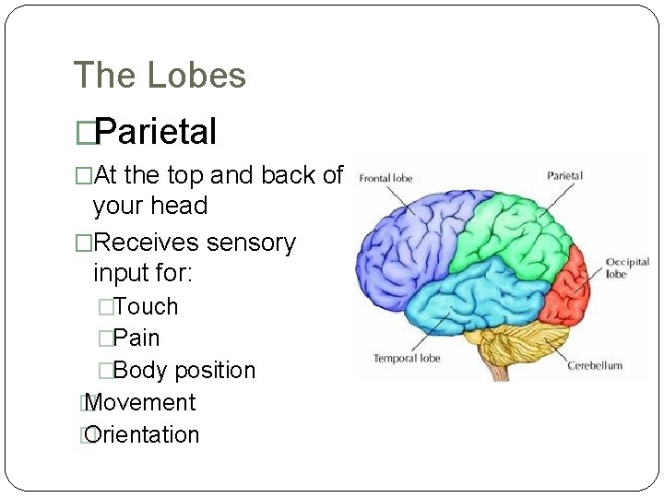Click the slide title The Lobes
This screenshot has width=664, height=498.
[x=160, y=75]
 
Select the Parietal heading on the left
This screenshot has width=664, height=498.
[x=155, y=132]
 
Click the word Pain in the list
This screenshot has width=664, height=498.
[x=136, y=338]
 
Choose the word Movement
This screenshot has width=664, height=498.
[x=140, y=403]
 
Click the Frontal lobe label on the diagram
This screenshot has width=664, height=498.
[x=385, y=177]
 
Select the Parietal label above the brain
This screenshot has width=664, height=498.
[x=564, y=175]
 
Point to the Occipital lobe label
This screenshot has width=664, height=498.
[x=627, y=268]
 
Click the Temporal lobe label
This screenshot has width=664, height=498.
[x=407, y=358]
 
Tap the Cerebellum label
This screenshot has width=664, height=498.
[x=594, y=366]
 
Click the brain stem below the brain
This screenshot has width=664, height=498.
[x=499, y=371]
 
